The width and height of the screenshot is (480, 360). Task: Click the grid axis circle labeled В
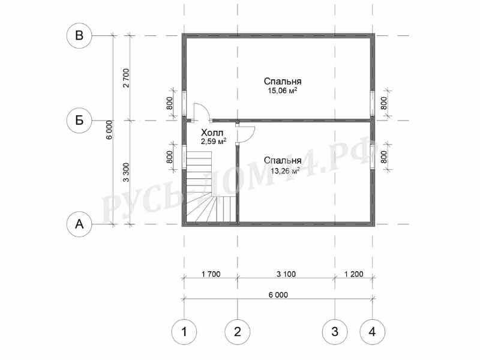[79, 35]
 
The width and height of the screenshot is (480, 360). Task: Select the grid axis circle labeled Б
[79, 121]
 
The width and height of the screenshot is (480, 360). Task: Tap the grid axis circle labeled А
[79, 224]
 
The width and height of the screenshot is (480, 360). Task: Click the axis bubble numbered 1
[184, 332]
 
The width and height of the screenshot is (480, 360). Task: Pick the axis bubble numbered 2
[238, 332]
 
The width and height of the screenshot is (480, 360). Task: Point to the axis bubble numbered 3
[335, 332]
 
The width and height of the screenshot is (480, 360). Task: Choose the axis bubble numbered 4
[373, 332]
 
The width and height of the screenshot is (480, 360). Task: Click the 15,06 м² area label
[283, 91]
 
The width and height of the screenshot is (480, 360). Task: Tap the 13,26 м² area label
[285, 170]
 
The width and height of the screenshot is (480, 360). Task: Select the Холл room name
[212, 133]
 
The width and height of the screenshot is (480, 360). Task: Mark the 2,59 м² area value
[214, 142]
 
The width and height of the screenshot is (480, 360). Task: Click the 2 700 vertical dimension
[126, 78]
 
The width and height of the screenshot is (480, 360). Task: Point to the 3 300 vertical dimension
[126, 172]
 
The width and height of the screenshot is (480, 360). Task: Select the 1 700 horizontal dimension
[211, 274]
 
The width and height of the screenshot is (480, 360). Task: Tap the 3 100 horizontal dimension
[286, 274]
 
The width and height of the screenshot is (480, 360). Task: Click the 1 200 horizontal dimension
[354, 274]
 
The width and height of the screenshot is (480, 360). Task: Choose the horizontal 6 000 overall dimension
[278, 295]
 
